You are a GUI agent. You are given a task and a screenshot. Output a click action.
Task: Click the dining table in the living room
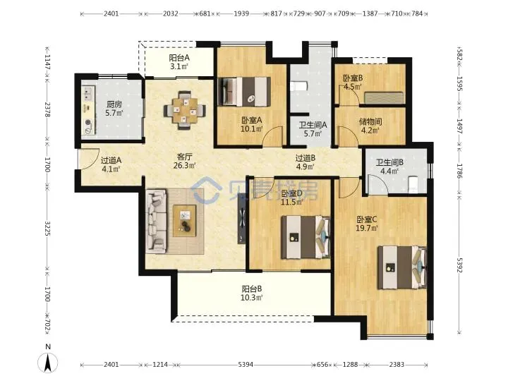[185, 111]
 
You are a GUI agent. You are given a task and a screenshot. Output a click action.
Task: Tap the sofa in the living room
[157, 221]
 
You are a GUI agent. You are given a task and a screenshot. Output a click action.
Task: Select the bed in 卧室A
[244, 91]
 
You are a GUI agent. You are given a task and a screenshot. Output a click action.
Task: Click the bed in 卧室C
[401, 267]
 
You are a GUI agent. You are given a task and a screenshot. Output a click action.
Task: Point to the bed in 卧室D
[306, 237]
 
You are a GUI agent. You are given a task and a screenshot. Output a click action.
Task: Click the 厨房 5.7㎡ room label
[114, 109]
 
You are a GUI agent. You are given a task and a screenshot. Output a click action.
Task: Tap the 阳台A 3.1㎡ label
[179, 62]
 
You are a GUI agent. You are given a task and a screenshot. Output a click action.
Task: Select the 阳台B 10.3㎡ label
[251, 293]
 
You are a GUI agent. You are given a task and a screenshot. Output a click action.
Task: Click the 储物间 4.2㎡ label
[370, 126]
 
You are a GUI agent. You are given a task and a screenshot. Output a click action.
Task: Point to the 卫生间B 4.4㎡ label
[389, 167]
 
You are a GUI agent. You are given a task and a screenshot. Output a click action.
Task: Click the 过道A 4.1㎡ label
[111, 164]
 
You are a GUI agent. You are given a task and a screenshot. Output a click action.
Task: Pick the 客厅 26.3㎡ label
[185, 161]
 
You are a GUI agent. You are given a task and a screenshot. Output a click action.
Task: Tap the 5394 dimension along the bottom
[246, 365]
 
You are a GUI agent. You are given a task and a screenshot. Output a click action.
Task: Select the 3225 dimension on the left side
[47, 229]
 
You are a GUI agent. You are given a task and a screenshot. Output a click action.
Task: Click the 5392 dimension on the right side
[459, 265]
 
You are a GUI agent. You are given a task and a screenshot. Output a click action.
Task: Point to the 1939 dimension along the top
[241, 13]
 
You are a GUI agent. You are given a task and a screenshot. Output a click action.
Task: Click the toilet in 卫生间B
[413, 183]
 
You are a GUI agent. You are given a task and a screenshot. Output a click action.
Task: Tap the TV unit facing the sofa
[242, 218]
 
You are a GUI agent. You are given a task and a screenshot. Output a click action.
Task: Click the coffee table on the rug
[185, 221]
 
